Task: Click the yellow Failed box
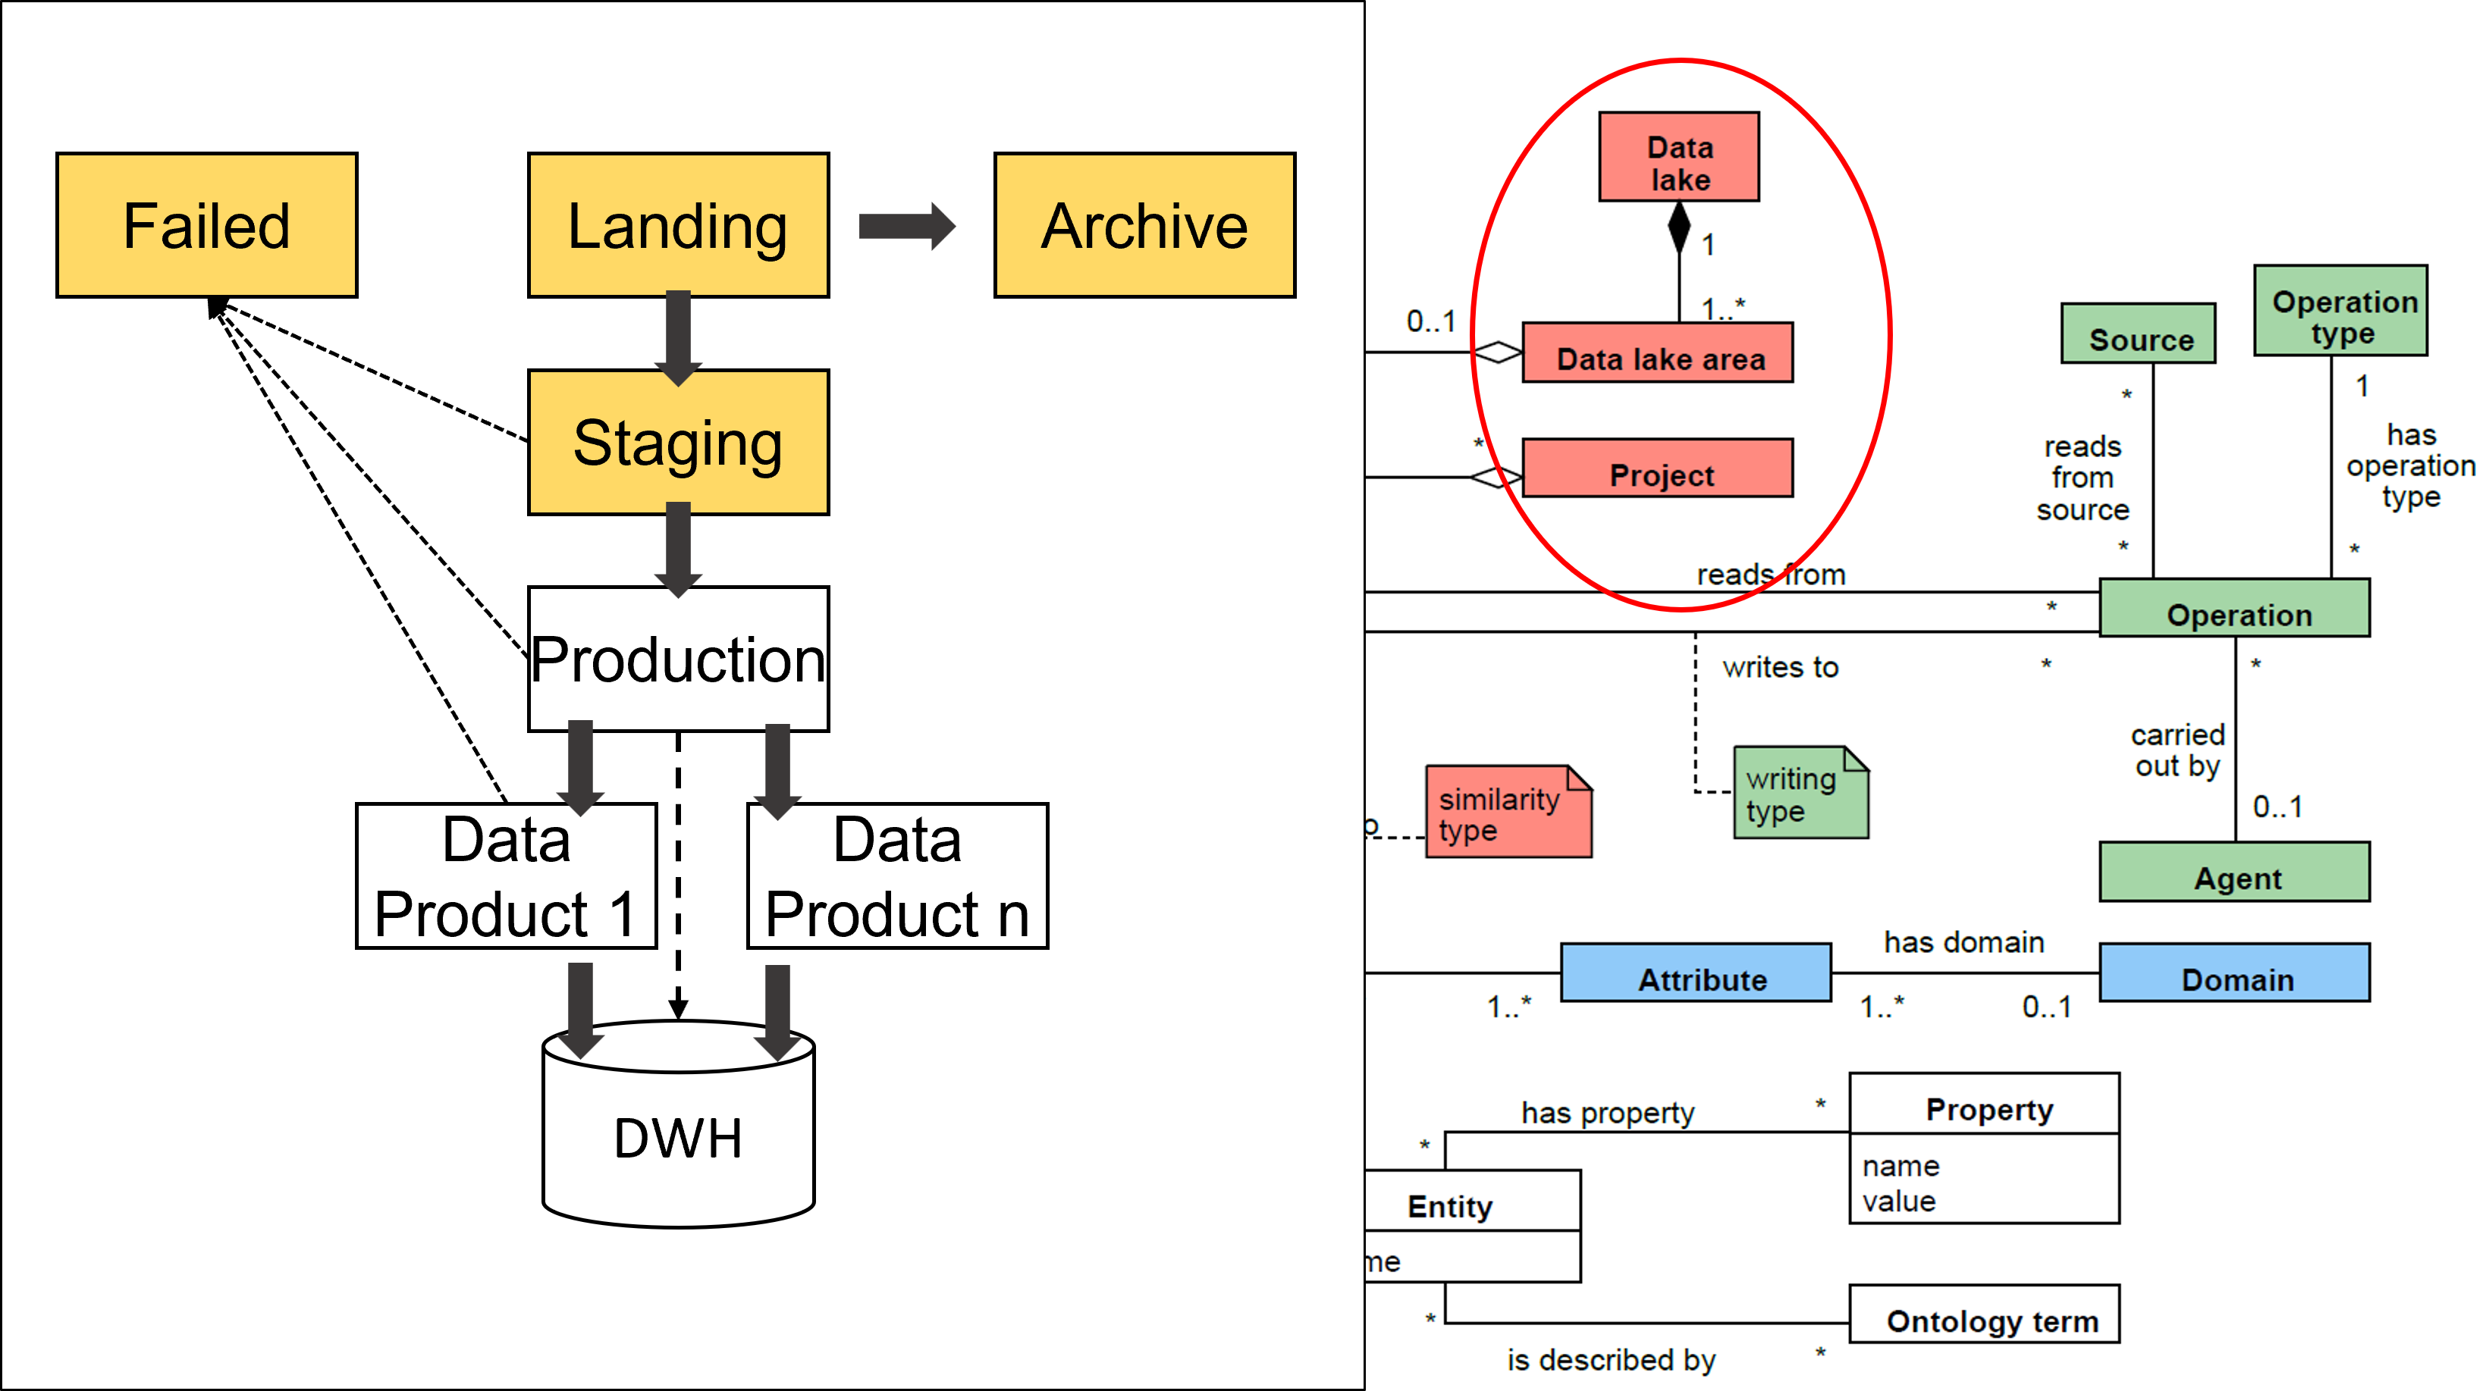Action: (x=207, y=225)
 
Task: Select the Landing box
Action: (x=678, y=225)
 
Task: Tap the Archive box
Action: (x=1145, y=225)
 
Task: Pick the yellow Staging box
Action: (x=678, y=443)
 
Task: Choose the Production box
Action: (x=678, y=659)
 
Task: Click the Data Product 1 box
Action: (x=507, y=876)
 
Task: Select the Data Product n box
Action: (x=898, y=876)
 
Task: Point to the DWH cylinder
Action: (x=678, y=1135)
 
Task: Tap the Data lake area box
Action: (x=1658, y=353)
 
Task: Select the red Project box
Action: (x=1658, y=468)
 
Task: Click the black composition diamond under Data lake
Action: (x=1679, y=228)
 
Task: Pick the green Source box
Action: (x=2139, y=334)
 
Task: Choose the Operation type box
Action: (x=2340, y=311)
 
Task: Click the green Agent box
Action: (x=2235, y=873)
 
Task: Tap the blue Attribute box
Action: (x=1696, y=973)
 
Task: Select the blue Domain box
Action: (x=2235, y=973)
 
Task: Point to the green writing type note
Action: (x=1800, y=793)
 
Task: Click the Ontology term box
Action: (x=1985, y=1314)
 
